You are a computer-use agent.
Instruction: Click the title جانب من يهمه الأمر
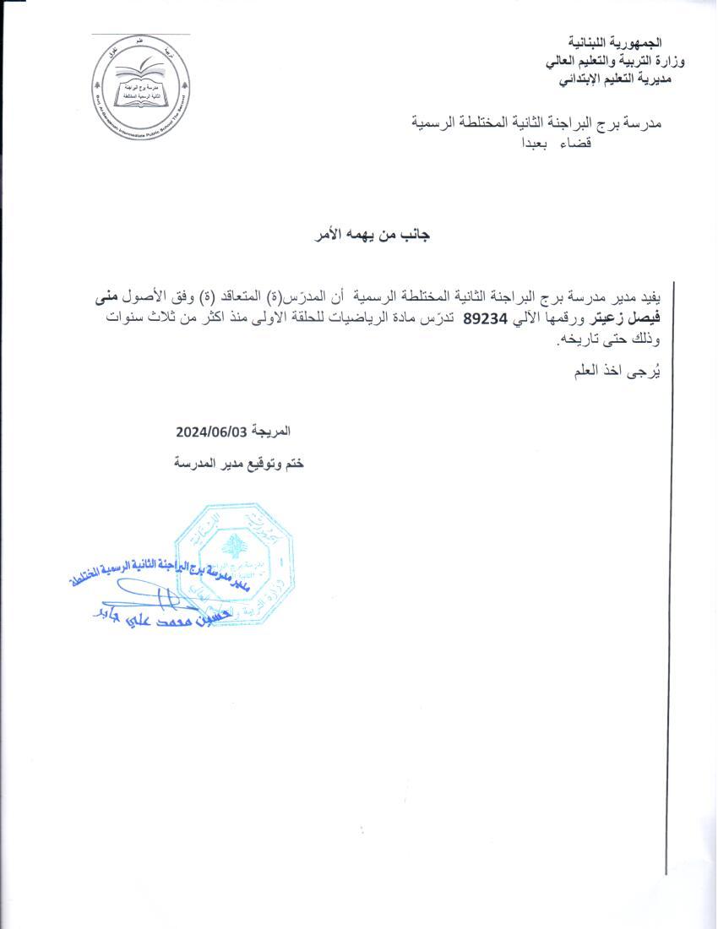point(373,236)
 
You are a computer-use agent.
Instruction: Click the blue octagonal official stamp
point(235,562)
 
